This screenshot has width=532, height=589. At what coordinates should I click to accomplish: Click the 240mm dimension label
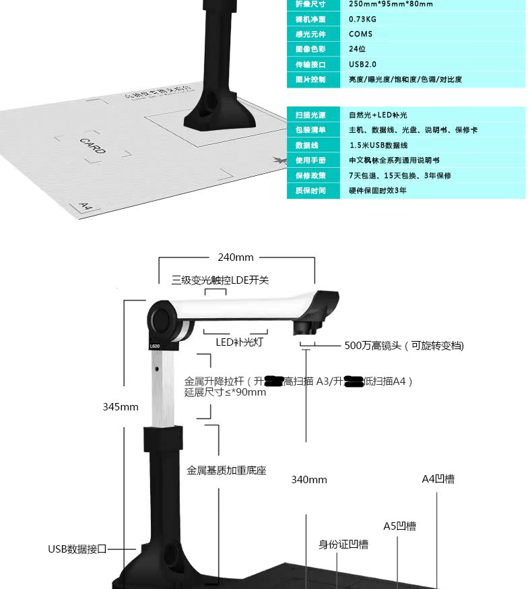point(236,257)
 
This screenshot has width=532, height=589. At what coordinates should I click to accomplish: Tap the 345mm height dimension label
point(121,407)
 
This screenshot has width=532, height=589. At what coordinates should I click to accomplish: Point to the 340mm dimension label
point(309,480)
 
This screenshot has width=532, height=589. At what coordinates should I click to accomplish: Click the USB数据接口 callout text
point(77,549)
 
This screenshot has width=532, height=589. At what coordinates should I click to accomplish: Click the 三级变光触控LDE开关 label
point(220,280)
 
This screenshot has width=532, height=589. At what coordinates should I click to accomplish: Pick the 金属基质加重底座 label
point(226,470)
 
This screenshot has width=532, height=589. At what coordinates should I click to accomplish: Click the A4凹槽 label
point(438,479)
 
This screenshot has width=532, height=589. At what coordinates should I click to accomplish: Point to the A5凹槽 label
point(399,526)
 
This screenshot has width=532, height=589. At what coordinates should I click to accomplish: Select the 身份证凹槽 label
point(343,544)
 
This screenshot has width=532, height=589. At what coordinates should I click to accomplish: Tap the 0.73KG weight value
point(362,19)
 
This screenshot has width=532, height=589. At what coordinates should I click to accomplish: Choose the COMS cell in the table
point(360,34)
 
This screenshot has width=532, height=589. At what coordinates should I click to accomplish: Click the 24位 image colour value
point(357,49)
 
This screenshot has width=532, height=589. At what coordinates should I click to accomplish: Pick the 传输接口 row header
point(310,65)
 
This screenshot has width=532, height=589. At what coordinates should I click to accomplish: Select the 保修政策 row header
point(310,175)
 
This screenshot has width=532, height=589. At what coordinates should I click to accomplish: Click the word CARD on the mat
point(92,146)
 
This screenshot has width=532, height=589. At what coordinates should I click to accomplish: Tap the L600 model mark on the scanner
point(154,346)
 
